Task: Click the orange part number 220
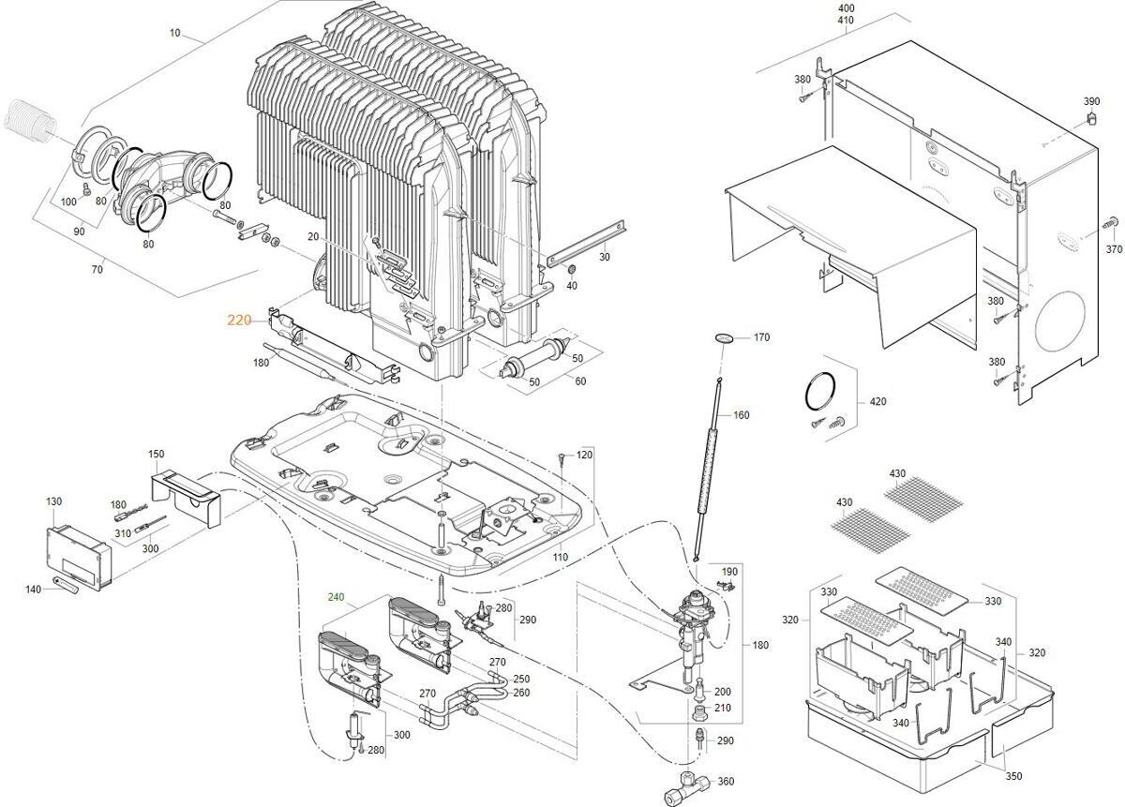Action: [x=239, y=320]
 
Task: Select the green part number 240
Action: [x=337, y=597]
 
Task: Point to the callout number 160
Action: [x=741, y=415]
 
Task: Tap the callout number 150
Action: [x=156, y=455]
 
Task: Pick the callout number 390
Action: [x=1091, y=101]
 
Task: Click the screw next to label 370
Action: [x=1111, y=223]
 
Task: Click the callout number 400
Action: [x=846, y=7]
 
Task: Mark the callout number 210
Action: [x=722, y=708]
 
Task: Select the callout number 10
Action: [x=174, y=33]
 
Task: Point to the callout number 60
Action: [x=580, y=381]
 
